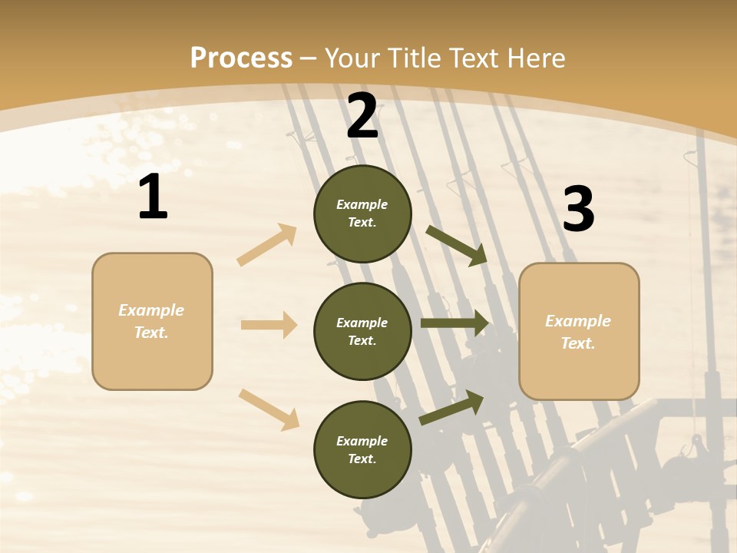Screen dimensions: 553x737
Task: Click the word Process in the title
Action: (241, 58)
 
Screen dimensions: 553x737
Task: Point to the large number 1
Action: (153, 197)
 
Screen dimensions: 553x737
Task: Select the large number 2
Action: (362, 117)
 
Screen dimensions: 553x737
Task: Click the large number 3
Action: (578, 210)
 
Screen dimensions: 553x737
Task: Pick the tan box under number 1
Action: (152, 321)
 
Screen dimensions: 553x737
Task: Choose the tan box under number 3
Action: (579, 332)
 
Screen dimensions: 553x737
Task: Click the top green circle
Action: (362, 214)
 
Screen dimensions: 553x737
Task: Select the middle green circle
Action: (362, 332)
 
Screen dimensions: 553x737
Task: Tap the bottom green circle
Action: (362, 450)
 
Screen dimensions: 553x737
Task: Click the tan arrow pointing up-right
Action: (267, 245)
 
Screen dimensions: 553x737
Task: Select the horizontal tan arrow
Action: (269, 325)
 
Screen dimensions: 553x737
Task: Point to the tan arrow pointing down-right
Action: (269, 409)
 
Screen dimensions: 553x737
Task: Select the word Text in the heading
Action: (473, 58)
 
